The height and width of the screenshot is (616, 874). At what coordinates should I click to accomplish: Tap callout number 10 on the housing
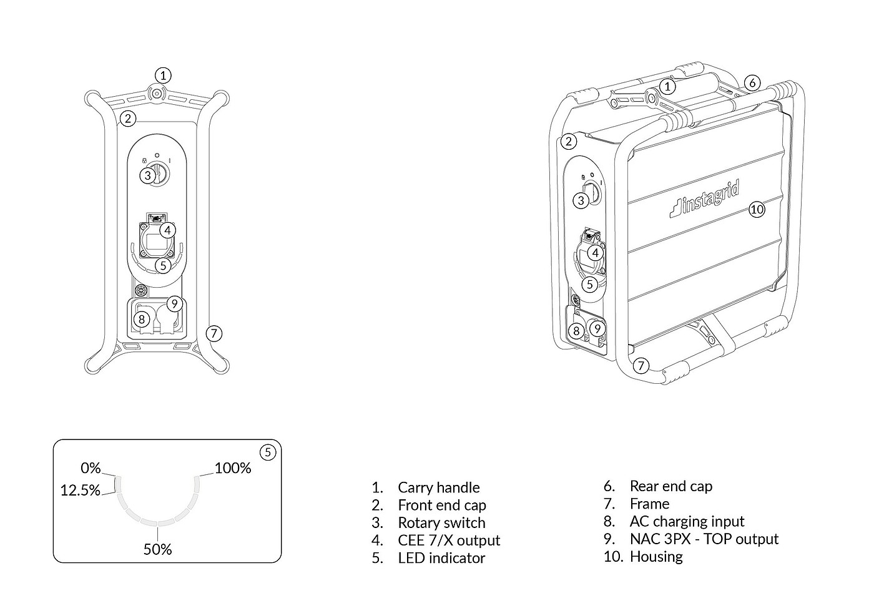[757, 209]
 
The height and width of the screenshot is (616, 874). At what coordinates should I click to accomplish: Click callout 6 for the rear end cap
[752, 82]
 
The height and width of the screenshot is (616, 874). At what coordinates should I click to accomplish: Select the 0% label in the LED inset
[91, 468]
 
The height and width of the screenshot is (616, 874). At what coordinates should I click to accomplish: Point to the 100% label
[233, 468]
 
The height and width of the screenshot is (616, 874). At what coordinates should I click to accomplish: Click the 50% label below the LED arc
[157, 549]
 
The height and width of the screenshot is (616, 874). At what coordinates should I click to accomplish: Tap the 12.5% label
[80, 490]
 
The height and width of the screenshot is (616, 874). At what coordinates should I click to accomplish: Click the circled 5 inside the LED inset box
[267, 452]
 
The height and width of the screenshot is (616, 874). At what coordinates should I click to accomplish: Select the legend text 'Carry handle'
[438, 487]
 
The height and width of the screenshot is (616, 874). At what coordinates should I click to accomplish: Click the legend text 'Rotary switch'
[441, 522]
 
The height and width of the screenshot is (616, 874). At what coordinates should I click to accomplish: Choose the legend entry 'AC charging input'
[687, 521]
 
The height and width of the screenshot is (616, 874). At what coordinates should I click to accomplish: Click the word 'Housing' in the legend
[655, 556]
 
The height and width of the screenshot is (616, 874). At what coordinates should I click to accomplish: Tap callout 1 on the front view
[162, 76]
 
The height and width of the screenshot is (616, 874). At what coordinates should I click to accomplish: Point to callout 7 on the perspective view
[641, 365]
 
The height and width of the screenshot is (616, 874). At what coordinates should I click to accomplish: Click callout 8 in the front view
[142, 320]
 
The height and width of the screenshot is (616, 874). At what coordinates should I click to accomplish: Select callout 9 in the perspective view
[597, 328]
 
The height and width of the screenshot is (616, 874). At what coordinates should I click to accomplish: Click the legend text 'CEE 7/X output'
[448, 540]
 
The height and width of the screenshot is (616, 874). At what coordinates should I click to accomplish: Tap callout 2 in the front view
[127, 118]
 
